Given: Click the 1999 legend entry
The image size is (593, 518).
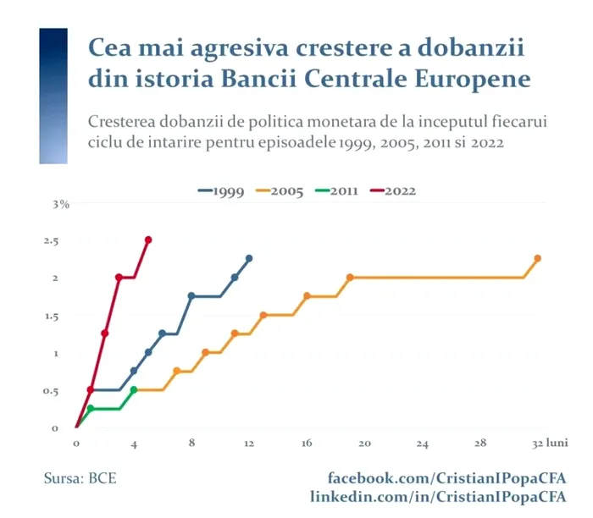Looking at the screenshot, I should [222, 191].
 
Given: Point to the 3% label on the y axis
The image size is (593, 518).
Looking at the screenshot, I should [60, 204].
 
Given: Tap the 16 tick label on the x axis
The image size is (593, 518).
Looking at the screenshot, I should [308, 443].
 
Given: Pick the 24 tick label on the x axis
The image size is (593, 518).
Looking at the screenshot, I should [423, 443].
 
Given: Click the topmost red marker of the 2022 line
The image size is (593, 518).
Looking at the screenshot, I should [148, 240].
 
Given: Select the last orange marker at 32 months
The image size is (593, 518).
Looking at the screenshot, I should [537, 258].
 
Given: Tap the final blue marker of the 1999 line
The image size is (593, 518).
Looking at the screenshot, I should [249, 258].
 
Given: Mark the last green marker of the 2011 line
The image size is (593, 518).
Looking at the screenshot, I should [134, 390].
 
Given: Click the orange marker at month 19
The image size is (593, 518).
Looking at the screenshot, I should [350, 278].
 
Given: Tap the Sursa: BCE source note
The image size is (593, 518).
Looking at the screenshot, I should [80, 479].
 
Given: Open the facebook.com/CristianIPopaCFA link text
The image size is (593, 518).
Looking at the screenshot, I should [447, 479].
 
